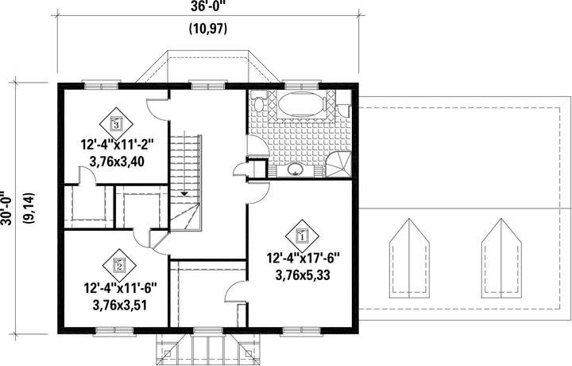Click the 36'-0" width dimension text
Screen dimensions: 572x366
pos(208,6)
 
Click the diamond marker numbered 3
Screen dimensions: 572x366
pos(116,124)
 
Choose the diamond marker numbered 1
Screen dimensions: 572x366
pos(302,236)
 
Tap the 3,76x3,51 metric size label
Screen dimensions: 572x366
pos(120,305)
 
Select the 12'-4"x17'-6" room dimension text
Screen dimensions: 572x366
pos(303,259)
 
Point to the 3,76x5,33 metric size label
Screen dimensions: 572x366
pos(303,274)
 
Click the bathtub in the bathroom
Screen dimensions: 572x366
pos(302,104)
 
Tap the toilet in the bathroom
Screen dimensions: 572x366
pos(259,103)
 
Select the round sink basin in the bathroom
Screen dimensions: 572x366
pos(294,169)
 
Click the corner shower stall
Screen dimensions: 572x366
pos(338,165)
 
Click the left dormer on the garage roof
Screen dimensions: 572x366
pos(409,259)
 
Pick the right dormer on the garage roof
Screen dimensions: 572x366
pos(501,259)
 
